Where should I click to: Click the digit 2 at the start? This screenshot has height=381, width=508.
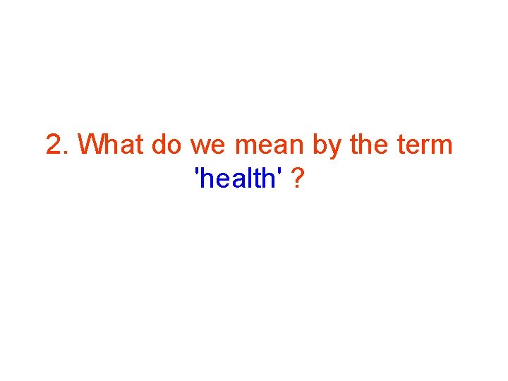click(x=54, y=145)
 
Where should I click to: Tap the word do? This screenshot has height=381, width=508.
click(x=167, y=145)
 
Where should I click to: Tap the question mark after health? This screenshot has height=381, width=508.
click(x=298, y=180)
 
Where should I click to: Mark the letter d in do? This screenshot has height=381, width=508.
click(x=159, y=145)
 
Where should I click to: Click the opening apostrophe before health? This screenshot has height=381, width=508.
click(x=198, y=173)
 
